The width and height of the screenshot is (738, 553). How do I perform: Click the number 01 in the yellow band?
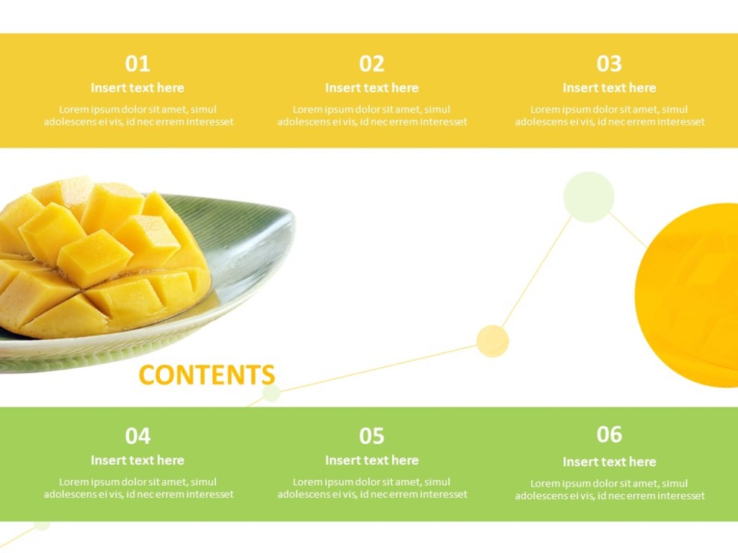(137, 63)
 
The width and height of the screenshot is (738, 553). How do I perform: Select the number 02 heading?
(371, 63)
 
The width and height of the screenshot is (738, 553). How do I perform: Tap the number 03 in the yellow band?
(609, 63)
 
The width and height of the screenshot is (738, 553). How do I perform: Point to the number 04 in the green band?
(137, 436)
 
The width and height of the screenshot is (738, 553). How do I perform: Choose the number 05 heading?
(371, 436)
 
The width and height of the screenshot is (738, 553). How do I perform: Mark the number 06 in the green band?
(609, 434)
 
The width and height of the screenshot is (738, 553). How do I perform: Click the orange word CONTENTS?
(207, 375)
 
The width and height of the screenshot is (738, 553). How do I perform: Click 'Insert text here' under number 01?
(137, 88)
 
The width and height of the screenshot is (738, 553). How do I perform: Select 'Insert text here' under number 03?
(609, 88)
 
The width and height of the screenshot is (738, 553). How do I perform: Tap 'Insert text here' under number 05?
(371, 460)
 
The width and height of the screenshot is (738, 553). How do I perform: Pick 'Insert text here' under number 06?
(609, 462)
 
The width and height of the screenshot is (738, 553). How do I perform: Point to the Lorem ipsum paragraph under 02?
(372, 116)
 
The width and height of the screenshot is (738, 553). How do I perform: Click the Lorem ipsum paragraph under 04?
(138, 488)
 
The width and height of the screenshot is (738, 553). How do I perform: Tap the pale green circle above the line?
(589, 197)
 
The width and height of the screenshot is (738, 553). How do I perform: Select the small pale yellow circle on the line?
(492, 341)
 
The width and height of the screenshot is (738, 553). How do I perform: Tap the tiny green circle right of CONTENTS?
(271, 393)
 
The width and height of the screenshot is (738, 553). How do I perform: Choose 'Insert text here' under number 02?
(371, 88)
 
